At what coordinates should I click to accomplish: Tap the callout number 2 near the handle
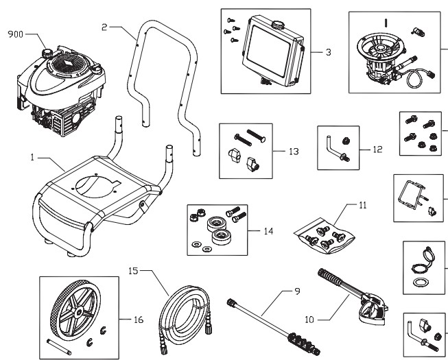[104, 27]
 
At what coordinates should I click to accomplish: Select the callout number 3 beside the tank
[329, 52]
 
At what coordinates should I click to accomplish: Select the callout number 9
[297, 291]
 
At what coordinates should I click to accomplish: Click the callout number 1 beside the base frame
[32, 158]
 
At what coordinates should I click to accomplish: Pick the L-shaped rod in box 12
[332, 146]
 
